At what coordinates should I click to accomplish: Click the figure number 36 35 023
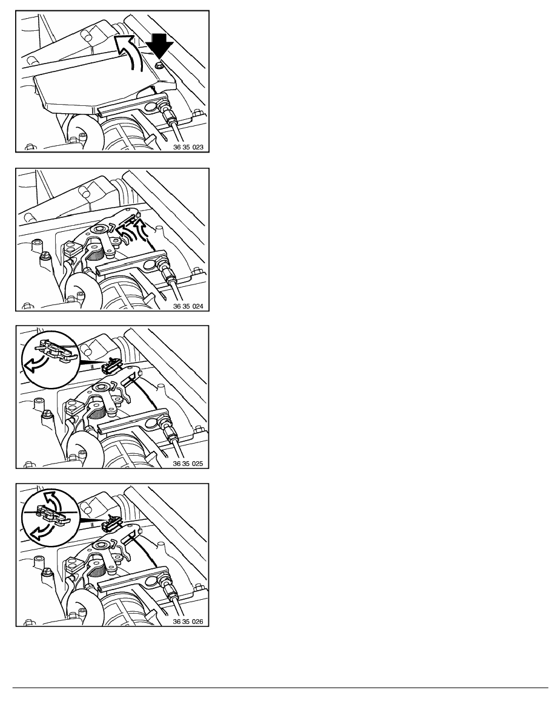pyautogui.click(x=188, y=148)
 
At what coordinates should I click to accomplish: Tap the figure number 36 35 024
pyautogui.click(x=188, y=306)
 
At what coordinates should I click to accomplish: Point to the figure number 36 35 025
pyautogui.click(x=188, y=464)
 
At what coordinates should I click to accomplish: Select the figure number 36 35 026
pyautogui.click(x=188, y=622)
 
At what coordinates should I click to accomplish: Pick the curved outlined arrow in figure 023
pyautogui.click(x=130, y=50)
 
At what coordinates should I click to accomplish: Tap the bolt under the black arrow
pyautogui.click(x=158, y=65)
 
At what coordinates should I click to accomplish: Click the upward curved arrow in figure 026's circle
pyautogui.click(x=51, y=501)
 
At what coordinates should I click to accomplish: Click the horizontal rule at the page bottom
pyautogui.click(x=280, y=688)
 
